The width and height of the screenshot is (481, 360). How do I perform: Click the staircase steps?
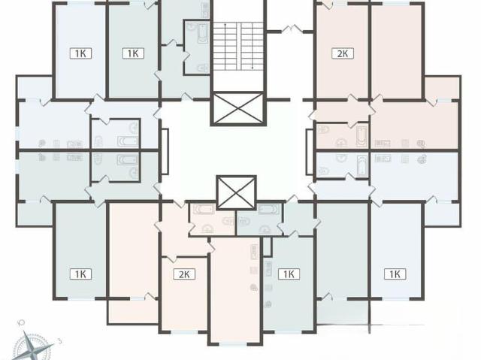[238, 46]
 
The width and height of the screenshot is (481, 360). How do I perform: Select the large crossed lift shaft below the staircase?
[238, 108]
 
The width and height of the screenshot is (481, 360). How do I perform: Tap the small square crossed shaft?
[236, 192]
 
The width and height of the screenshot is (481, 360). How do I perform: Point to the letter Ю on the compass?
[21, 322]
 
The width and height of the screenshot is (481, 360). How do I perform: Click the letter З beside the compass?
[60, 340]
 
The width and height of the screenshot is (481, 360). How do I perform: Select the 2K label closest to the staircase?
[343, 53]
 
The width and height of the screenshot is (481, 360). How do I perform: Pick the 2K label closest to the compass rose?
[184, 274]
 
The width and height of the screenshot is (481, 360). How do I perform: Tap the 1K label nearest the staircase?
[133, 53]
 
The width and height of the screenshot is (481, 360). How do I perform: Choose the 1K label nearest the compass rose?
[80, 274]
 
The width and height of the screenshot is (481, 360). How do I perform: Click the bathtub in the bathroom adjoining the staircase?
[202, 33]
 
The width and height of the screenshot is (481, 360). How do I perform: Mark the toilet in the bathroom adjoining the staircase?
[202, 68]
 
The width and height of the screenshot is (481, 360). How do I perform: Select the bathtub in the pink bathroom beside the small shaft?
[204, 210]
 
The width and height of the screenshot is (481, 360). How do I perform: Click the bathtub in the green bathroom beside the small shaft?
[269, 210]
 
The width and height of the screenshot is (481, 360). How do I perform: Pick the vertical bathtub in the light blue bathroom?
[362, 165]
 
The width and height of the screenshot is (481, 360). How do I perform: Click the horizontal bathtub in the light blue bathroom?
[128, 141]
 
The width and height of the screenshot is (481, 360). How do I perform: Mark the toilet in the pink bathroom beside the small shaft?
[228, 221]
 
